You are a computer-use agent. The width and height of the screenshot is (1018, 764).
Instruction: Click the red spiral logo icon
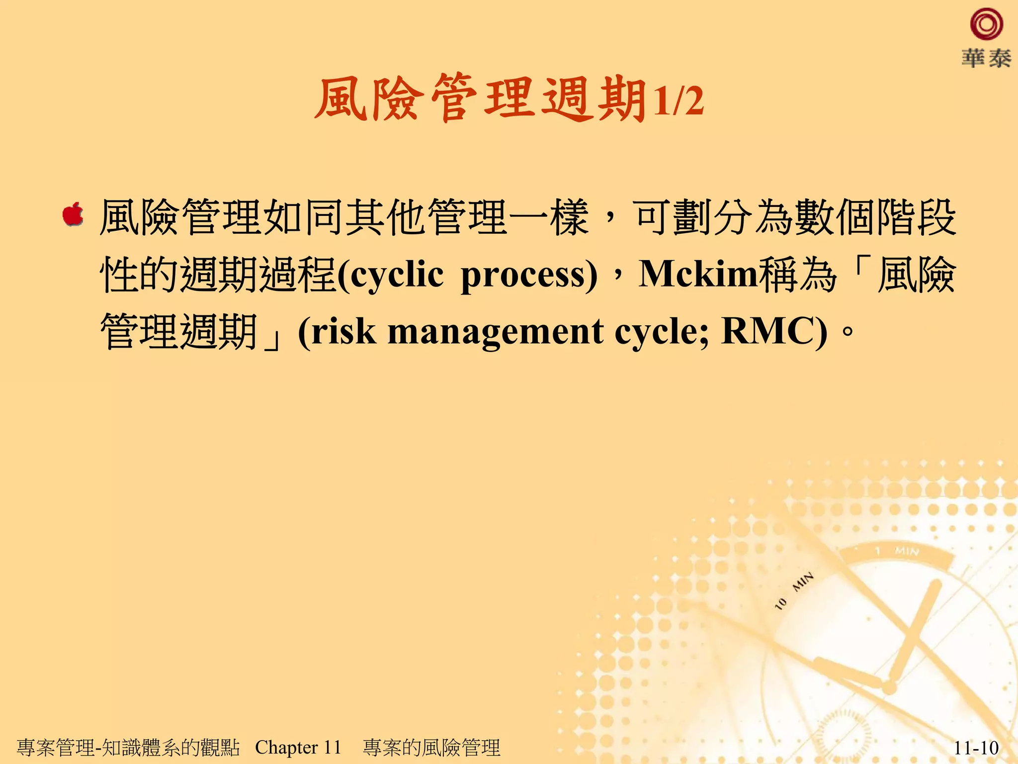pos(986,25)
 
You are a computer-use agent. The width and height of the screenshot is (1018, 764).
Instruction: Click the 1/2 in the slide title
pos(678,101)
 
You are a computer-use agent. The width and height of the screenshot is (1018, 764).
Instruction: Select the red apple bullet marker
pos(73,215)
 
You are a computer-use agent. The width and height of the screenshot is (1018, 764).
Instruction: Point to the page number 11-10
pos(976,748)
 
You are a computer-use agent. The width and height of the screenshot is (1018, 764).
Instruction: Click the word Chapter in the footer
pos(286,747)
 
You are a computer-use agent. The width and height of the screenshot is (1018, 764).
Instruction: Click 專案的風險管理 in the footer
pos(431,748)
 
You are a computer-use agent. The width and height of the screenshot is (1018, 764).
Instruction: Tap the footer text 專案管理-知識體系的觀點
pos(128,748)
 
